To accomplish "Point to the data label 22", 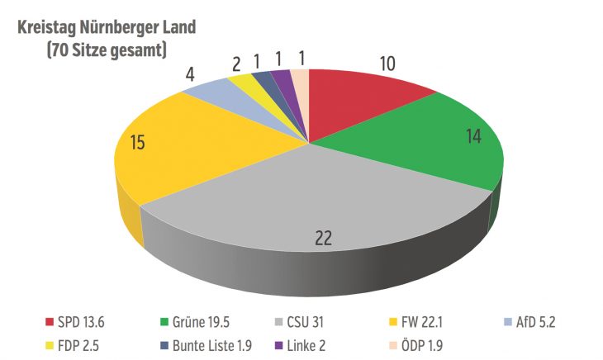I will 325,239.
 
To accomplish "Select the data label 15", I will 138,142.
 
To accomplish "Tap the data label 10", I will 387,63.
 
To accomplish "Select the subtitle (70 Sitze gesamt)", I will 107,50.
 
